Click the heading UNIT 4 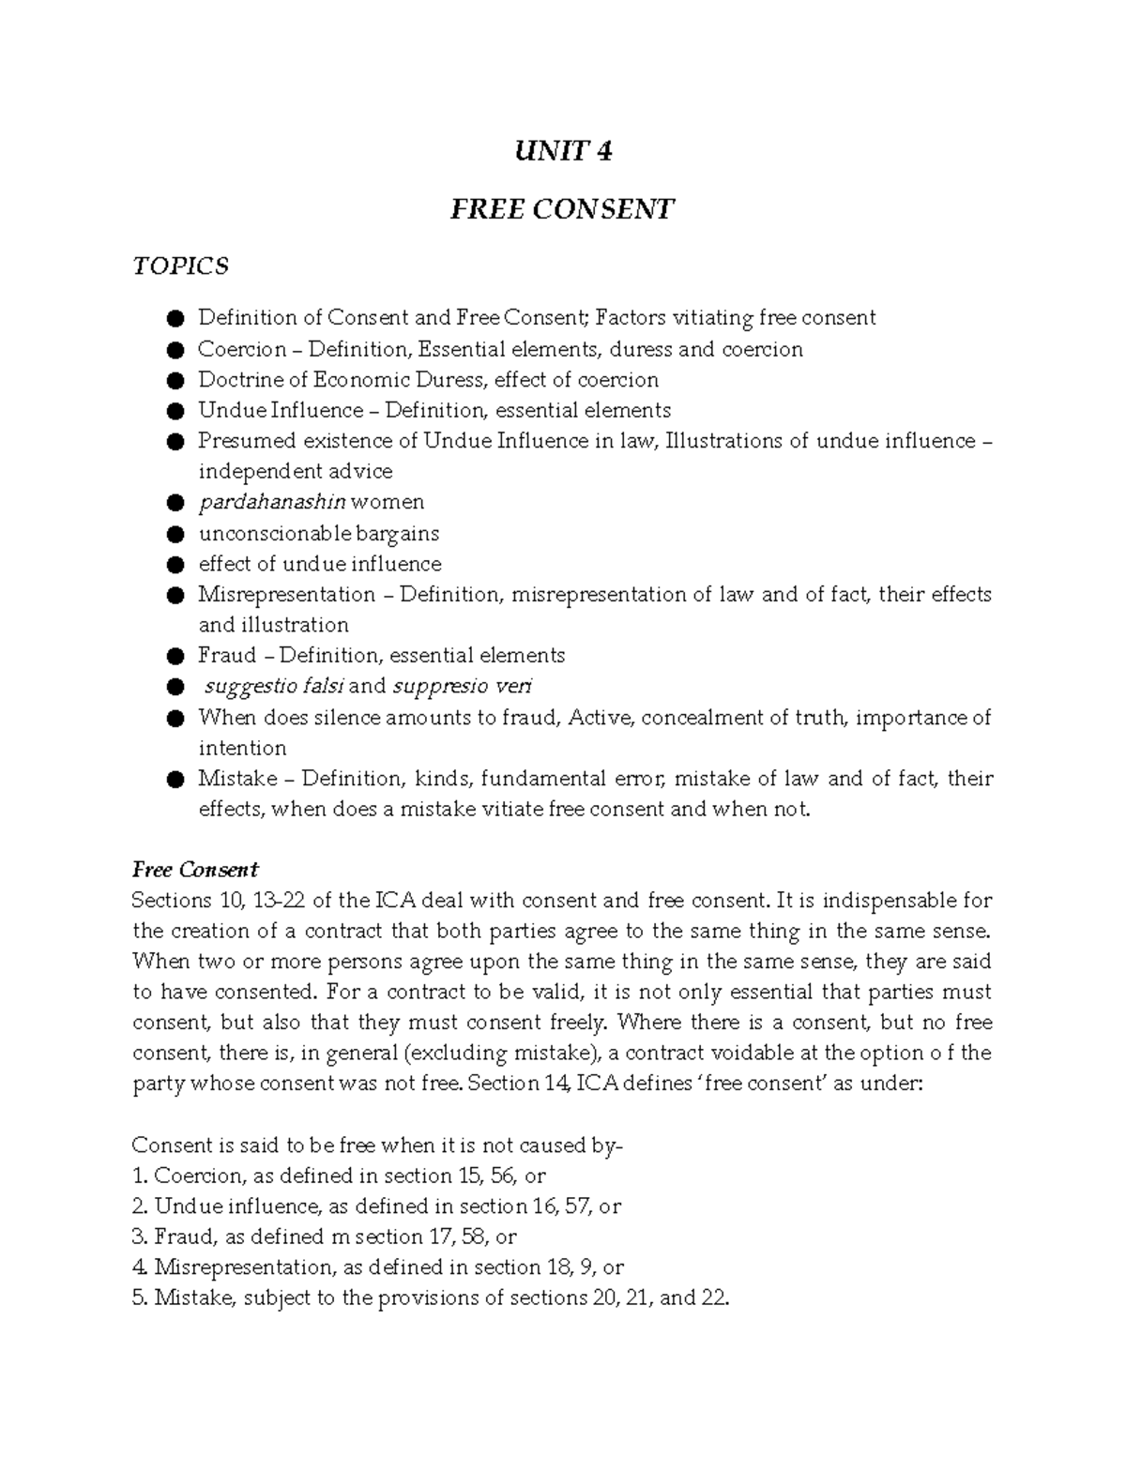562,151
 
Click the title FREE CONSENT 562,208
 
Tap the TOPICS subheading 180,266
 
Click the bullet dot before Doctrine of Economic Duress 174,380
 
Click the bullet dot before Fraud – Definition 174,656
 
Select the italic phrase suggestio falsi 275,686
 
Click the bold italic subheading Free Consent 195,869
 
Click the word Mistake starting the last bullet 237,779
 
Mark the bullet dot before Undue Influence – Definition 174,411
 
